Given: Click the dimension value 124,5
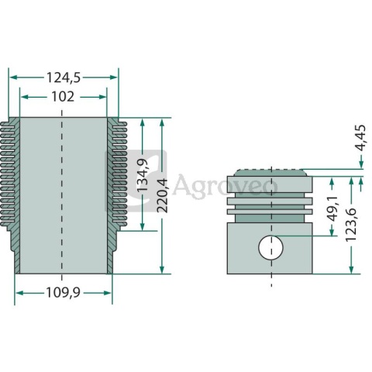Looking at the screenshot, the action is [x=64, y=77].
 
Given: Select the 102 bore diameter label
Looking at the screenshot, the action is [x=63, y=97].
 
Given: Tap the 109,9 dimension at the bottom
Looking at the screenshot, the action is [x=63, y=293].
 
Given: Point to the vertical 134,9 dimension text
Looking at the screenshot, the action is [x=143, y=175].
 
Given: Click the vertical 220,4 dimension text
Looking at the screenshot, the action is [x=162, y=195].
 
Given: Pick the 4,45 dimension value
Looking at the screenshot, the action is [x=360, y=138].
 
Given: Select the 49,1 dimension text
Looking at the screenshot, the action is [x=332, y=208].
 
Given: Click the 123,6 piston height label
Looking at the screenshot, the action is [x=351, y=225].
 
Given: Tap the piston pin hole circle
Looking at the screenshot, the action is [x=270, y=247].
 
